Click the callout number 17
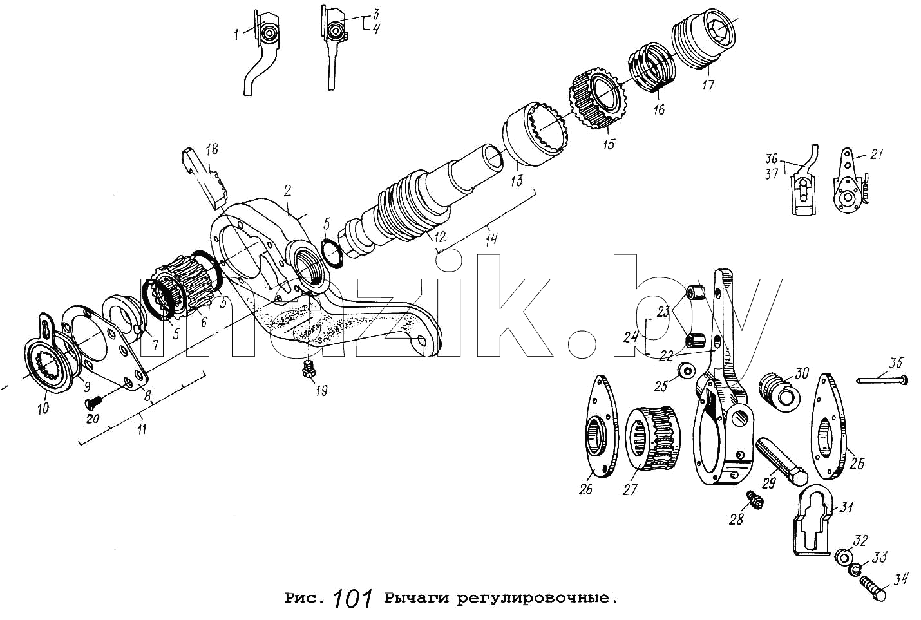click(708, 85)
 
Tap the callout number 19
click(321, 391)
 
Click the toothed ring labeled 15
click(594, 99)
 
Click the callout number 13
click(517, 180)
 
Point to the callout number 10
click(43, 408)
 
